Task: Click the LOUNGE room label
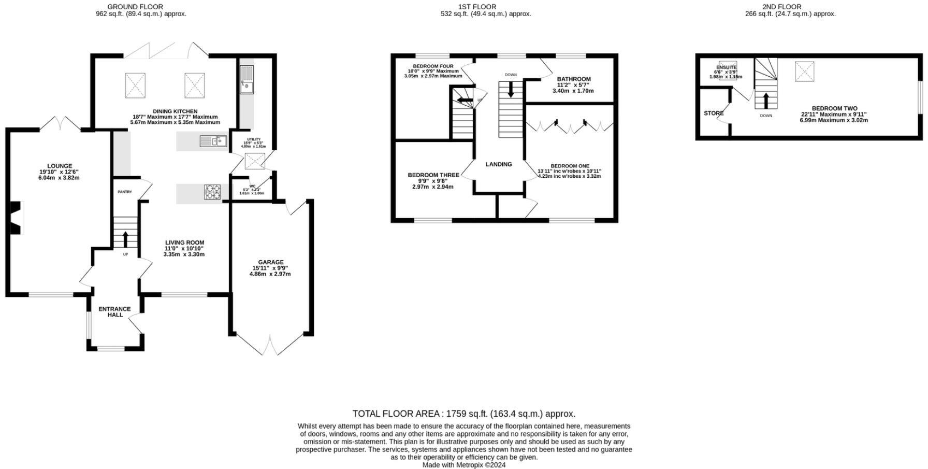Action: pos(60,166)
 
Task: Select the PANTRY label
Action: pos(124,192)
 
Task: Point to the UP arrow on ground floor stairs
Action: pos(125,239)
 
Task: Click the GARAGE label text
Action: pos(271,262)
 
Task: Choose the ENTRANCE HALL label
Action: pos(114,312)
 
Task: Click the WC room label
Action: pos(252,187)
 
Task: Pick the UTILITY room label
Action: pos(254,139)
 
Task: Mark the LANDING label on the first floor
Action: pos(498,164)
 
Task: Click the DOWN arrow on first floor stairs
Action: pos(511,91)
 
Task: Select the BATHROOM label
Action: pos(573,79)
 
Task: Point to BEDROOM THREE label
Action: pos(433,175)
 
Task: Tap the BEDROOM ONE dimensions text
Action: pos(570,174)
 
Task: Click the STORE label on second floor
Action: pos(713,113)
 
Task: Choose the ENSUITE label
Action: pos(726,67)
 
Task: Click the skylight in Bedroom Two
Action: pos(804,71)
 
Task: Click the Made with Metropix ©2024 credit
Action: pos(463,465)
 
